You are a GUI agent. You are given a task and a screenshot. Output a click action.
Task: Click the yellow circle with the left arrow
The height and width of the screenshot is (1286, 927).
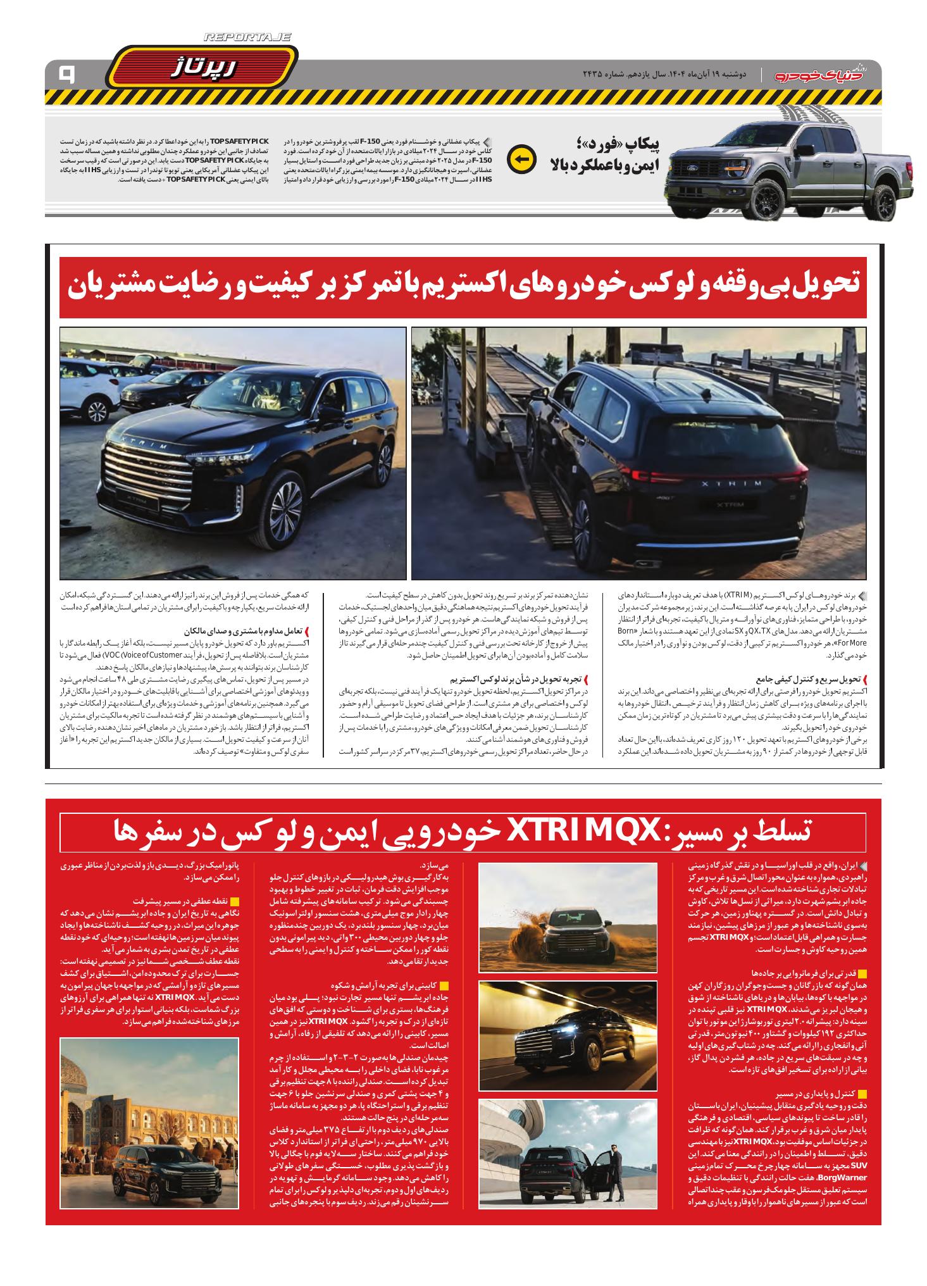(x=522, y=159)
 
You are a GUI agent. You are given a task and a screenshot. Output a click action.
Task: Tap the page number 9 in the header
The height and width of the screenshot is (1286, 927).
(x=66, y=75)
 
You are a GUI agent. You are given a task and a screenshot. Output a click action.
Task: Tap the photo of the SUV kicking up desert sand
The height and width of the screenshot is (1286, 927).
(x=568, y=917)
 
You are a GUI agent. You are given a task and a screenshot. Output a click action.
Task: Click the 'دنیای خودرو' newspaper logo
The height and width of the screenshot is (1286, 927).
(x=823, y=74)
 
